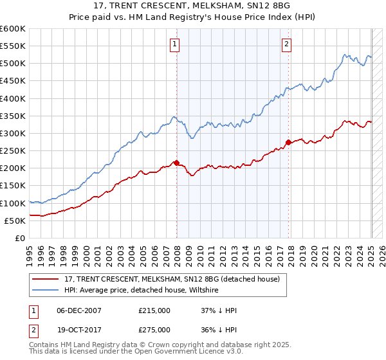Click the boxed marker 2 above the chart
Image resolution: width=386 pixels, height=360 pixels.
click(286, 44)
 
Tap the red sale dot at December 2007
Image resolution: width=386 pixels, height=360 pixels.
click(176, 163)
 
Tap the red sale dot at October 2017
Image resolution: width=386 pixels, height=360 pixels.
click(288, 142)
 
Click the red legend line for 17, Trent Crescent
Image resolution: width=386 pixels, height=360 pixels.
click(46, 280)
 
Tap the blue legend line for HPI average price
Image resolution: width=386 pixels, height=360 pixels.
click(46, 291)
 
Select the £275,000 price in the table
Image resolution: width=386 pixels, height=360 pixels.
click(154, 329)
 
